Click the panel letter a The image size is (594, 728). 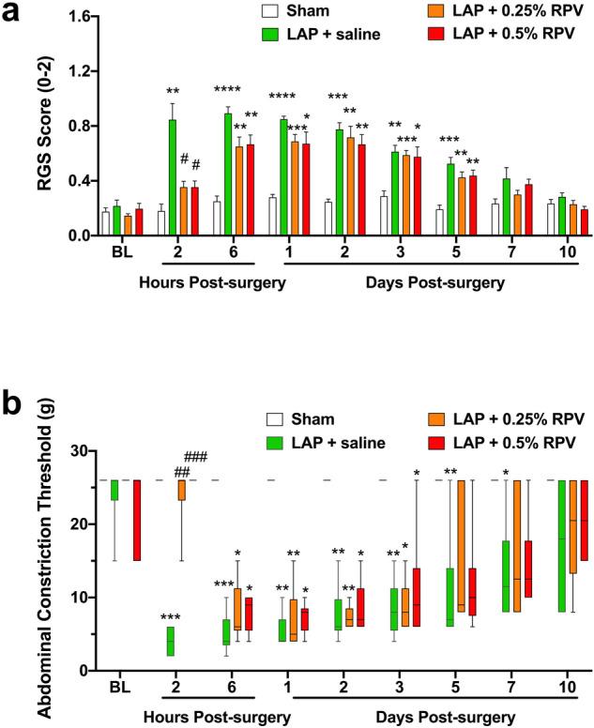pyautogui.click(x=14, y=16)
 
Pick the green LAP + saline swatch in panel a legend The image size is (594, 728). pyautogui.click(x=269, y=35)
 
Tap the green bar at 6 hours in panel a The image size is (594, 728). pyautogui.click(x=227, y=174)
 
